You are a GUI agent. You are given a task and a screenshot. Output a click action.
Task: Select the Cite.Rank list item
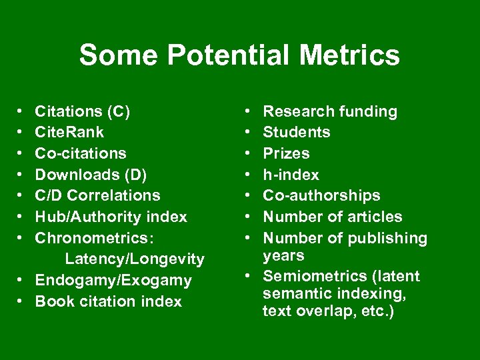coord(69,132)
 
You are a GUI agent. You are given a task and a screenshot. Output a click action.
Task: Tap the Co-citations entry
coord(80,153)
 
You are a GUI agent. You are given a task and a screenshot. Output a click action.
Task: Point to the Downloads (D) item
coord(91,175)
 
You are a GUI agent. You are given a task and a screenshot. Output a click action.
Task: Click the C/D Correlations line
coord(97,195)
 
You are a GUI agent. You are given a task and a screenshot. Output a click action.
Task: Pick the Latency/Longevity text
coord(135,258)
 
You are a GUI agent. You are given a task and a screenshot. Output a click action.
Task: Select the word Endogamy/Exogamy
coord(113,280)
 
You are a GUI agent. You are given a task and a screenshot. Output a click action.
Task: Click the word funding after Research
coord(369,111)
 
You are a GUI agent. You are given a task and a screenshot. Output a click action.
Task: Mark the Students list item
coord(297,132)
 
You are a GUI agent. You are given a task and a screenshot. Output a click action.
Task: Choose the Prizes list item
coord(287,153)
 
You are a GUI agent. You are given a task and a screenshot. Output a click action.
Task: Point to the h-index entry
coord(291,175)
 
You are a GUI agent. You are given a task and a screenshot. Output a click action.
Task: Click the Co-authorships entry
coord(322,195)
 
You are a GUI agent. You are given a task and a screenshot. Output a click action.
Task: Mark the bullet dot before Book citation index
coord(21,301)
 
